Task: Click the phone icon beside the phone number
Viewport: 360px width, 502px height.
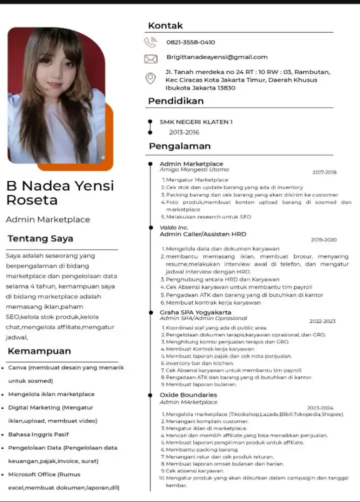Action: (151, 43)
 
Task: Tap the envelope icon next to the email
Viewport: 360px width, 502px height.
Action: (151, 59)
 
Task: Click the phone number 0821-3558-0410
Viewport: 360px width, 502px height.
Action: (190, 43)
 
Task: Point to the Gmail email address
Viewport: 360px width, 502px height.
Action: (216, 57)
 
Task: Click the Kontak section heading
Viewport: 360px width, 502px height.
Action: (166, 26)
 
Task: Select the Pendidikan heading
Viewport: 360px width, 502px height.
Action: (176, 101)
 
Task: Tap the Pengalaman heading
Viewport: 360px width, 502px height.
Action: (179, 147)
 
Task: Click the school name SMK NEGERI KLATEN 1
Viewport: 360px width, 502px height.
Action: (196, 122)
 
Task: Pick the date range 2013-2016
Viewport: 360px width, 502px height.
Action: (184, 133)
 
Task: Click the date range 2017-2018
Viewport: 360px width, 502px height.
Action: (324, 173)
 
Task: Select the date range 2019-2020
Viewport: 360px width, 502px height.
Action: (324, 240)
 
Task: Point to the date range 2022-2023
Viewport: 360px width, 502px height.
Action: (322, 321)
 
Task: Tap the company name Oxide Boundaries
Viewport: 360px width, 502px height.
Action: (188, 395)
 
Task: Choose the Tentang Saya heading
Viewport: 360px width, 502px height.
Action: (40, 238)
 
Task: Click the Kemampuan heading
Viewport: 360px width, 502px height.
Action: (39, 351)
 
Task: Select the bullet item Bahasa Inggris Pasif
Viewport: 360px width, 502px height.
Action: (38, 434)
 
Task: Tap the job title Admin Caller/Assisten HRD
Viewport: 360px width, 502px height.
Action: (203, 234)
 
